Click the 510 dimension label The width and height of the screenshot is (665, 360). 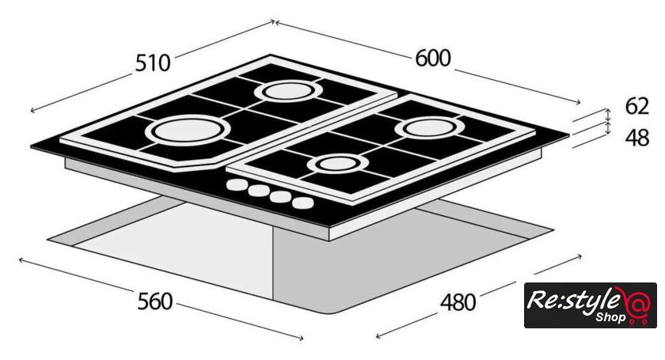(x=153, y=63)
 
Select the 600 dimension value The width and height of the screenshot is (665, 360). (x=432, y=58)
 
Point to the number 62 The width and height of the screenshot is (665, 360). (x=636, y=106)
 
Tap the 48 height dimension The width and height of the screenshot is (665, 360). (x=636, y=138)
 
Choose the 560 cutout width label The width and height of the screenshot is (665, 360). (x=155, y=301)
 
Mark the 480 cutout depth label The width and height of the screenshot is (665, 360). (x=458, y=302)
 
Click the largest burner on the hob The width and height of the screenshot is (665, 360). (x=188, y=129)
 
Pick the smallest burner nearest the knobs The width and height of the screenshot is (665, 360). (x=338, y=164)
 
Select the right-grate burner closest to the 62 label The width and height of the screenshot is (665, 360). (x=430, y=127)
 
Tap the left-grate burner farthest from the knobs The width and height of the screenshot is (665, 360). (x=289, y=91)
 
